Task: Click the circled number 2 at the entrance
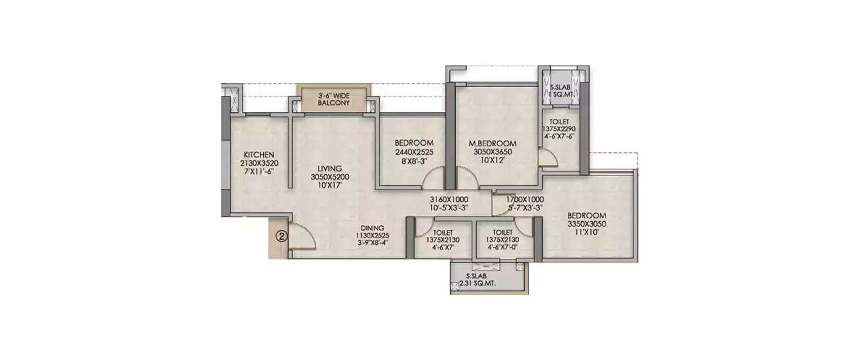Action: pos(281,236)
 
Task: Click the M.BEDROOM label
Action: pos(495,143)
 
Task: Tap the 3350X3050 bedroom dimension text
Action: pos(586,224)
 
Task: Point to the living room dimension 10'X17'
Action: pos(329,185)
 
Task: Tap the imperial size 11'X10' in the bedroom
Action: pos(586,233)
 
